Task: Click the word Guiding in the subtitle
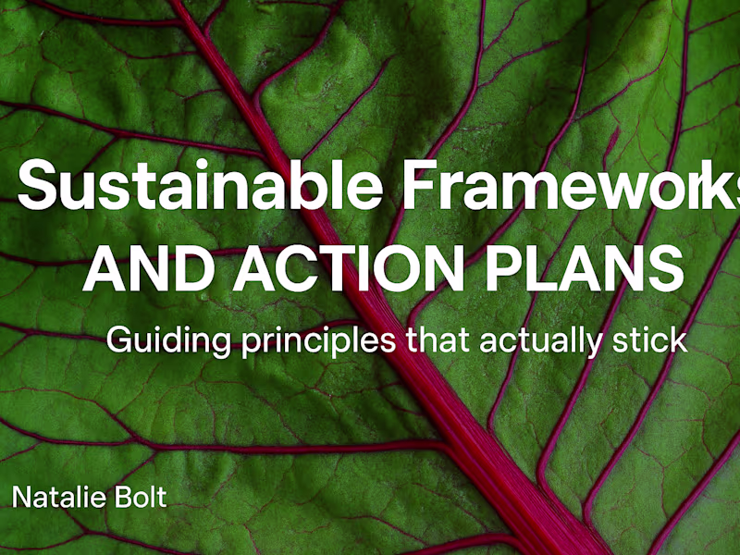tap(156, 340)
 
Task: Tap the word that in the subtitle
tap(439, 339)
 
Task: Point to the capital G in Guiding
tap(121, 339)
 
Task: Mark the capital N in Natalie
tap(20, 498)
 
